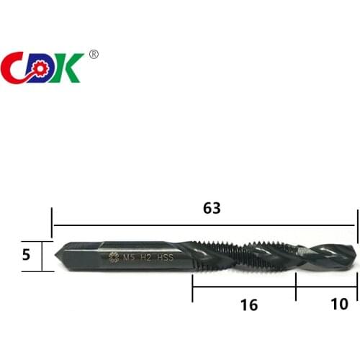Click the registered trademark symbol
pos(94,55)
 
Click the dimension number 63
pos(211,209)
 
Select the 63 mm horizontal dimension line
pos(144,226)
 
